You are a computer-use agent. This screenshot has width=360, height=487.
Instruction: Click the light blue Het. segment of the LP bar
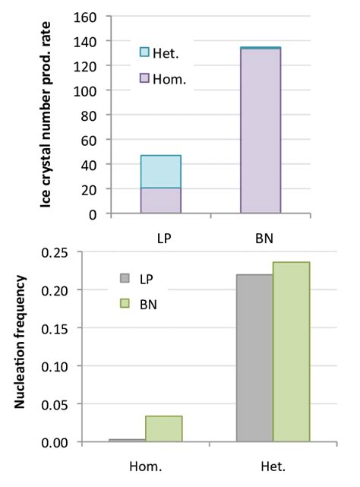(x=161, y=171)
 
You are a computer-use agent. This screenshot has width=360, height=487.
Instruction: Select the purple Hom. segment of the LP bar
(x=161, y=201)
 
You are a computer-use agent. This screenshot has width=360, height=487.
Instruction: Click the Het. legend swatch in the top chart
(x=145, y=52)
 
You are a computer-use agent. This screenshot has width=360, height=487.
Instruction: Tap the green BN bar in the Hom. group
(x=163, y=428)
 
